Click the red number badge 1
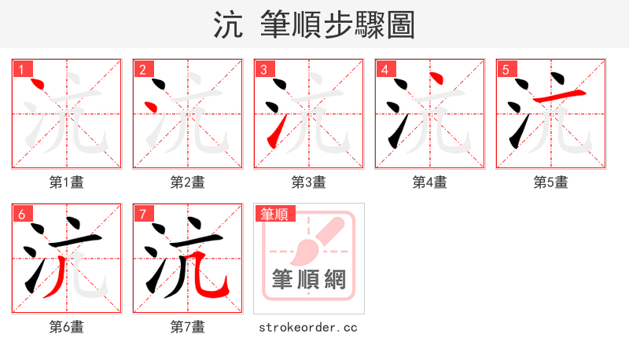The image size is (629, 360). pyautogui.click(x=21, y=69)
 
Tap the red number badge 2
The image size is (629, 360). pyautogui.click(x=142, y=69)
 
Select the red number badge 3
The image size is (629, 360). pyautogui.click(x=263, y=69)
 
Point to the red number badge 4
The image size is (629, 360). pyautogui.click(x=384, y=69)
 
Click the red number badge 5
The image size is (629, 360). pyautogui.click(x=506, y=69)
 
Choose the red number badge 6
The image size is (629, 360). pyautogui.click(x=21, y=214)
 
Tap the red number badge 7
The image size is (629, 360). pyautogui.click(x=142, y=214)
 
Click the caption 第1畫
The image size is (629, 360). pyautogui.click(x=67, y=182)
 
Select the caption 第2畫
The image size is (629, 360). pyautogui.click(x=188, y=182)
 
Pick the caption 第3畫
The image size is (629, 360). pyautogui.click(x=309, y=182)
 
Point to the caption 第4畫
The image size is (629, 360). pyautogui.click(x=430, y=182)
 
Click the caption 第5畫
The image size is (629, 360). pyautogui.click(x=551, y=182)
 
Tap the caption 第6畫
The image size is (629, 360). pyautogui.click(x=67, y=326)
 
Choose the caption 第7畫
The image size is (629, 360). pyautogui.click(x=188, y=326)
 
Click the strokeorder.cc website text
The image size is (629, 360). pyautogui.click(x=308, y=326)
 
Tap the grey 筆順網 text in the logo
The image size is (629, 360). pyautogui.click(x=308, y=279)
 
